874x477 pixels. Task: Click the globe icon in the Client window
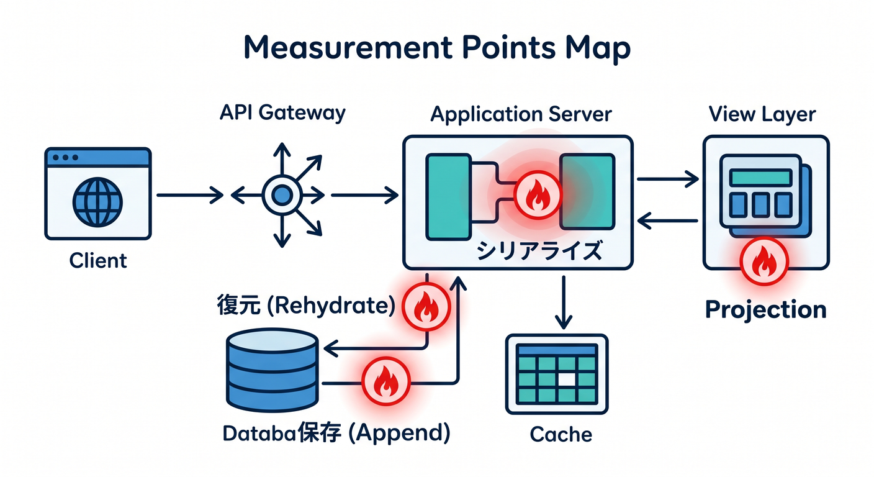(97, 202)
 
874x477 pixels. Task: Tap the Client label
(98, 260)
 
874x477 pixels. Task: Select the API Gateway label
(282, 113)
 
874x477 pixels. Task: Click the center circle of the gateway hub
(282, 195)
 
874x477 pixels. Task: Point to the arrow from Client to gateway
(190, 195)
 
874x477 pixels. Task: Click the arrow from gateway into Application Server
(365, 195)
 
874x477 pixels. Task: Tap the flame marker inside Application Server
(538, 195)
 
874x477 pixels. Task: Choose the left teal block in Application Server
(448, 197)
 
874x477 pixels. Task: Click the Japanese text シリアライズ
(539, 250)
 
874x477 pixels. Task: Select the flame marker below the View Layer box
(764, 261)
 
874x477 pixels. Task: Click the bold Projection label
(766, 310)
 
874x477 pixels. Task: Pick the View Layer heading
(762, 114)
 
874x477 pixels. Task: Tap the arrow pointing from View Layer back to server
(667, 220)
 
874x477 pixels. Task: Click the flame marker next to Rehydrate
(426, 307)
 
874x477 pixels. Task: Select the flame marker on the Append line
(386, 381)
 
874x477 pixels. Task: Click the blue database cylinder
(273, 370)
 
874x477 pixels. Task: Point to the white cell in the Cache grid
(567, 379)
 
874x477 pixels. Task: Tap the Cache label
(561, 434)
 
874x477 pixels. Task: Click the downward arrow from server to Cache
(564, 302)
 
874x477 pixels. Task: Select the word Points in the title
(508, 48)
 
